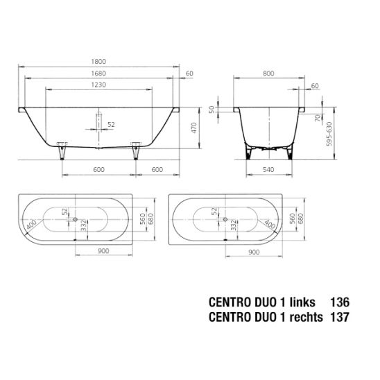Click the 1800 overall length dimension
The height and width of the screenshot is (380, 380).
point(98,62)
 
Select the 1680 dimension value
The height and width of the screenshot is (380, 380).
point(98,74)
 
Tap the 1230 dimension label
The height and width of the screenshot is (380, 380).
point(98,85)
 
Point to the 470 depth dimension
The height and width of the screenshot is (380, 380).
point(194,128)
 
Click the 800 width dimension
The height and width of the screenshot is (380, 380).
point(268,74)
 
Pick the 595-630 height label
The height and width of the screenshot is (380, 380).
point(329,134)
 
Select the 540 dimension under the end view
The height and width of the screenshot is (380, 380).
point(268,169)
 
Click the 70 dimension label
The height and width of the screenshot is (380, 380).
point(318,118)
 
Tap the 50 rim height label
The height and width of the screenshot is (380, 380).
point(211,110)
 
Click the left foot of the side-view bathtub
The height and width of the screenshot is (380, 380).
point(62,151)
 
